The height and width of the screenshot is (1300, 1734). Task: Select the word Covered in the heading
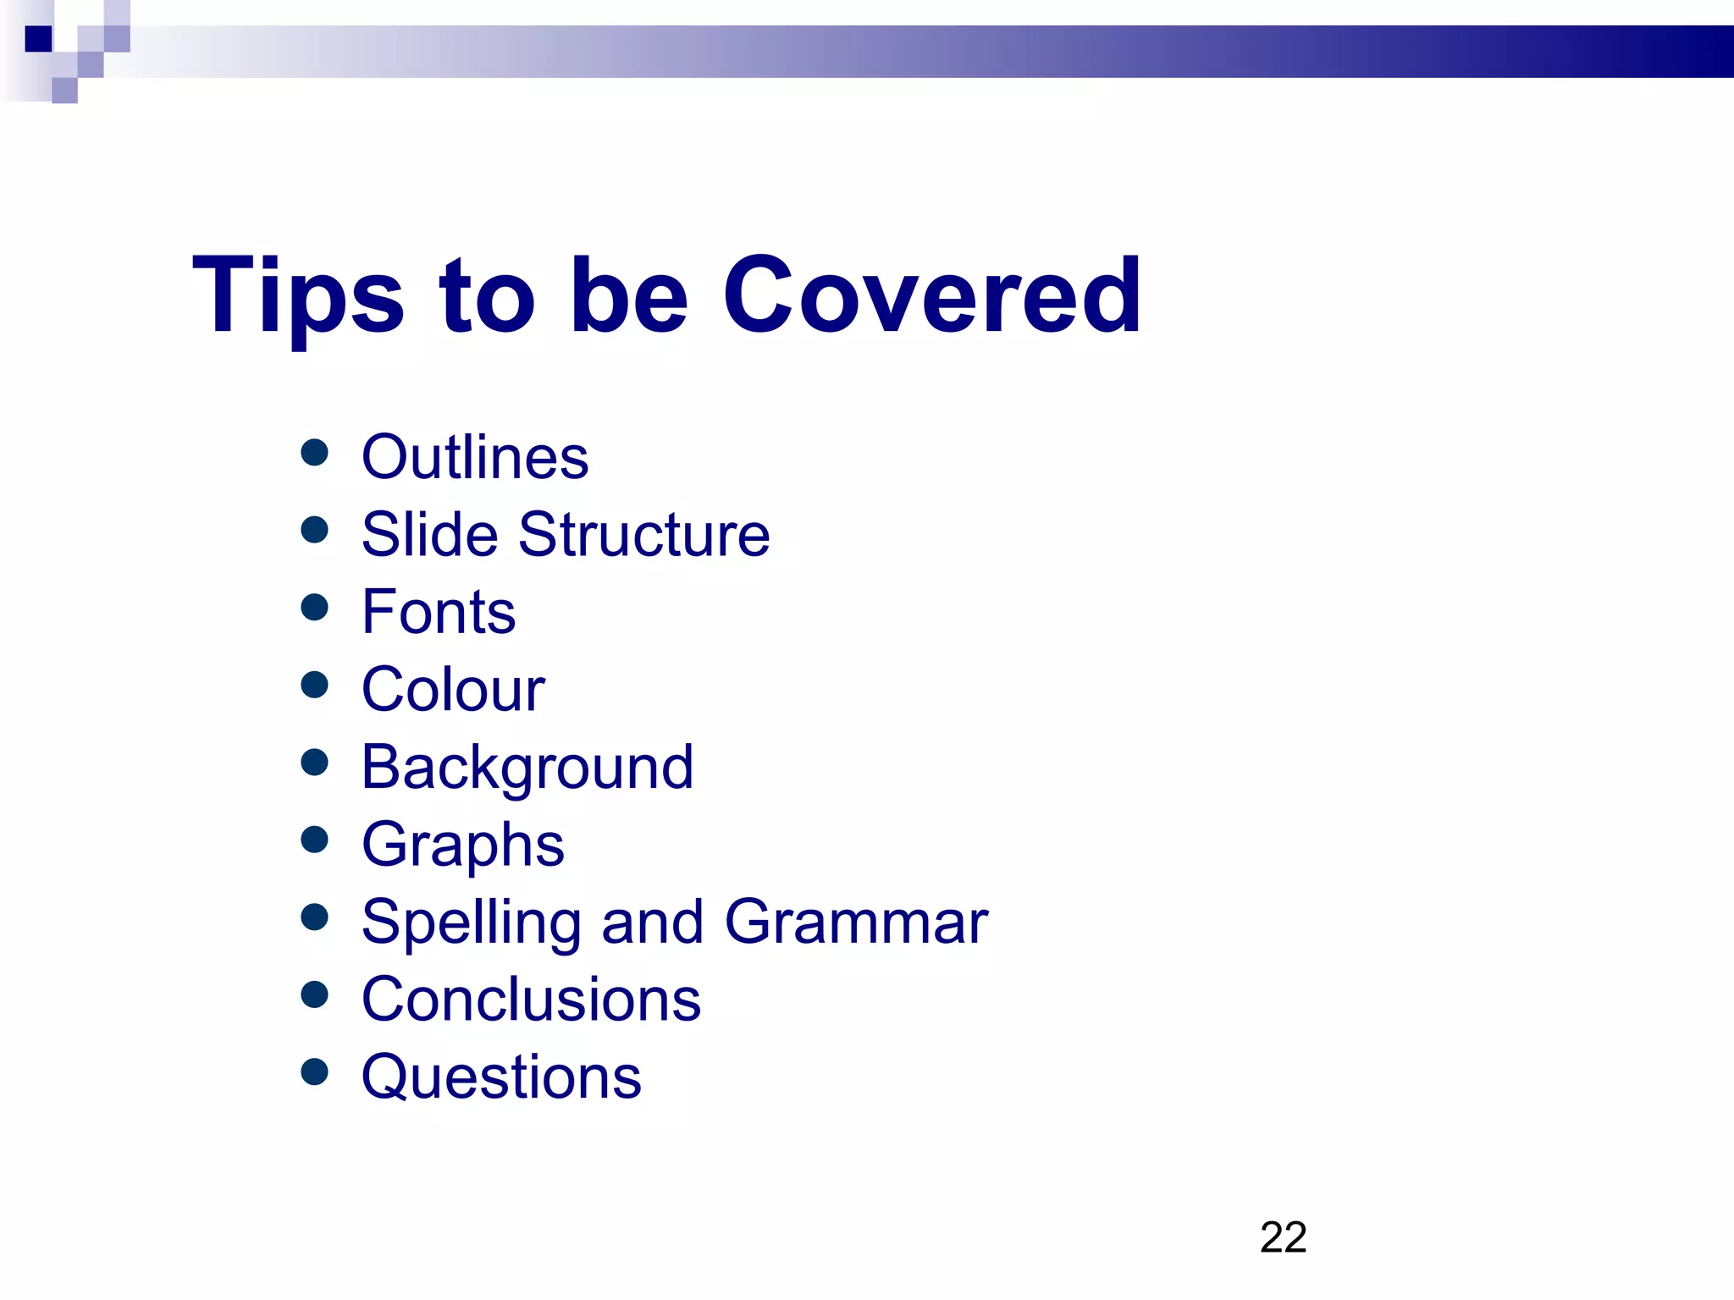point(931,296)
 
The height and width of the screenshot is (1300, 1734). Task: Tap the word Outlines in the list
point(474,458)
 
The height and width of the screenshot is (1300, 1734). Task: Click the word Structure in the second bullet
point(644,535)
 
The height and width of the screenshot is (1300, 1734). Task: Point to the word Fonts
point(439,612)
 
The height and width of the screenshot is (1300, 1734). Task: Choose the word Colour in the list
point(453,690)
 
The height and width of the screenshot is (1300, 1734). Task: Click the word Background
point(527,768)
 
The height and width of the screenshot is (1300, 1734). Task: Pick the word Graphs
point(462,846)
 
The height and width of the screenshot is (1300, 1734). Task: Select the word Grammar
point(856,922)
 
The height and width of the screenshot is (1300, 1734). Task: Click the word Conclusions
point(531,1000)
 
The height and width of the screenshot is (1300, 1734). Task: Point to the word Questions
point(501,1077)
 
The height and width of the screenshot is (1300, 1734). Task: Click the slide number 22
point(1283,1237)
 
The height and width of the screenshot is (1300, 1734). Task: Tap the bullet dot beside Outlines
point(314,452)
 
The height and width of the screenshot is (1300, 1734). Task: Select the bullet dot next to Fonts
point(314,607)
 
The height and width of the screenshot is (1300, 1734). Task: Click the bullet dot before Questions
point(314,1071)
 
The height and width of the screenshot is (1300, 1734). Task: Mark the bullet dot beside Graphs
point(314,840)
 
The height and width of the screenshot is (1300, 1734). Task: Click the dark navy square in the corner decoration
point(39,39)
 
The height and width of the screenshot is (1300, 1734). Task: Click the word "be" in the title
point(629,296)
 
